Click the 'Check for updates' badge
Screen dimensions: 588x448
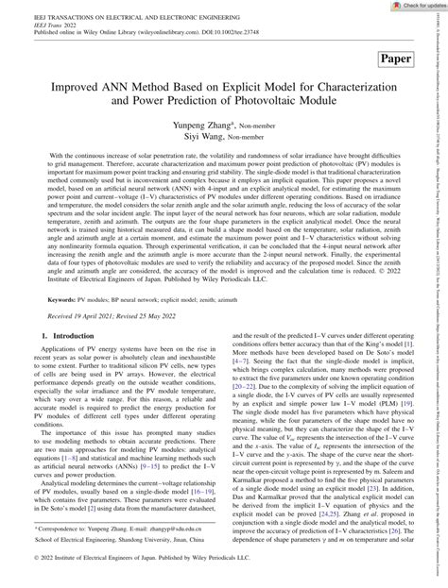click(412, 7)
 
